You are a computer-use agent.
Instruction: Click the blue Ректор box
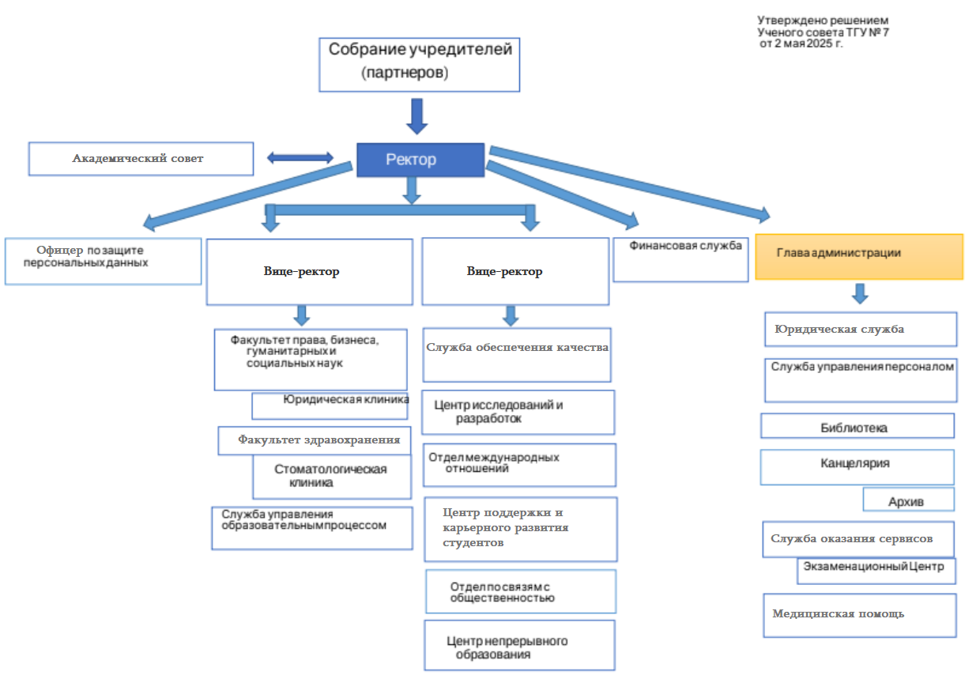pyautogui.click(x=420, y=160)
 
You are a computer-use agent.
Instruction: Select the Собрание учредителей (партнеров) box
pyautogui.click(x=419, y=63)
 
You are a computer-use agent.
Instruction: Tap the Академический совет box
pyautogui.click(x=141, y=159)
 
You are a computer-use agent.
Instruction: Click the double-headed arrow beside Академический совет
pyautogui.click(x=300, y=159)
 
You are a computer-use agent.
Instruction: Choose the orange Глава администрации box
pyautogui.click(x=859, y=255)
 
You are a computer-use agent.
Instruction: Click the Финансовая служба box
pyautogui.click(x=680, y=259)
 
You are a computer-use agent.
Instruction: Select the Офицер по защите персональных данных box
pyautogui.click(x=103, y=261)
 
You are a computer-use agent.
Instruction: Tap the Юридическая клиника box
pyautogui.click(x=330, y=406)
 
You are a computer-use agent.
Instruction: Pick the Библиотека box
pyautogui.click(x=858, y=427)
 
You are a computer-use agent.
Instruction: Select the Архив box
pyautogui.click(x=908, y=500)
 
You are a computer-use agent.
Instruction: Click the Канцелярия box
pyautogui.click(x=857, y=466)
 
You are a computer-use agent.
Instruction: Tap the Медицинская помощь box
pyautogui.click(x=859, y=615)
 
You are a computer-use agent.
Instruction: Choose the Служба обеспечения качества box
pyautogui.click(x=518, y=355)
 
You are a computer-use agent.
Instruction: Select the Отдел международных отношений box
pyautogui.click(x=518, y=464)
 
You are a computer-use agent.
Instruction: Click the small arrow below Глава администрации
pyautogui.click(x=860, y=294)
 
